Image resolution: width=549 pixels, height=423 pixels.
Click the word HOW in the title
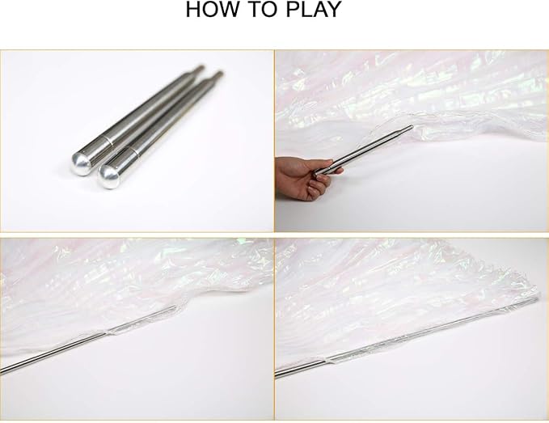pyautogui.click(x=209, y=11)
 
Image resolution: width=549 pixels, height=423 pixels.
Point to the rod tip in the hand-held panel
pyautogui.click(x=410, y=127)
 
